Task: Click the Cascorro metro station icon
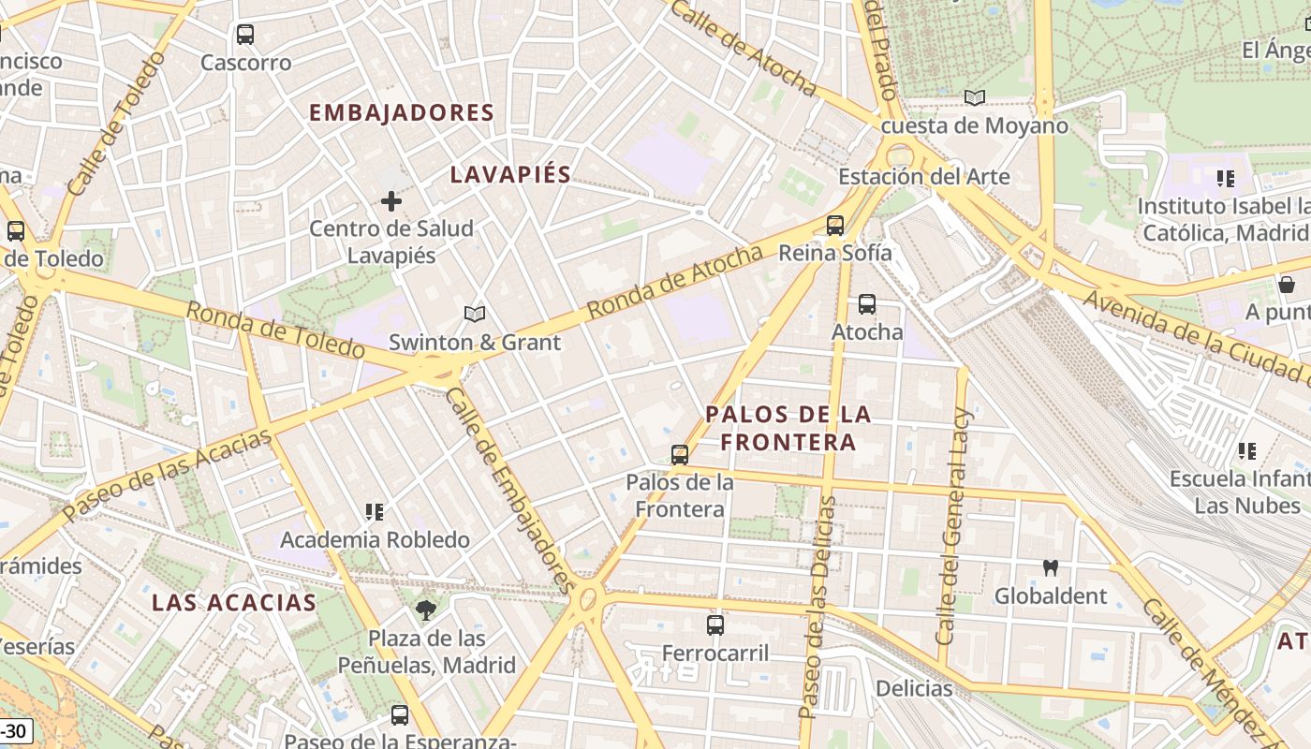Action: (245, 35)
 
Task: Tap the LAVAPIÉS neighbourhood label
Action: (510, 174)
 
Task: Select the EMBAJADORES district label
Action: (402, 112)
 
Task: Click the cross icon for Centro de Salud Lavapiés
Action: (391, 200)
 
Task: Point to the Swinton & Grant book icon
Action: (475, 315)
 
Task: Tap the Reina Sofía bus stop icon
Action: (835, 225)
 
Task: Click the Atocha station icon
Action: (867, 303)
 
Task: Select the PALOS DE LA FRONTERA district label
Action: (788, 428)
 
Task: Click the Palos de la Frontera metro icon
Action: (680, 455)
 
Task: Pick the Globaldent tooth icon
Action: (1051, 567)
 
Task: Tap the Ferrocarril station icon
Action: (715, 624)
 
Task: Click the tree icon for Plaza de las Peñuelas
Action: (427, 610)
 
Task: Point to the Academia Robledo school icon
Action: (375, 512)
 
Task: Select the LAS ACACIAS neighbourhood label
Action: (234, 602)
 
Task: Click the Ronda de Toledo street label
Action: (275, 330)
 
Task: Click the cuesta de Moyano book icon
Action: (975, 97)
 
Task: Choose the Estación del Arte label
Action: (923, 176)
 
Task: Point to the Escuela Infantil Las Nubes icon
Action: (1246, 451)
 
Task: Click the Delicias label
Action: (914, 689)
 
